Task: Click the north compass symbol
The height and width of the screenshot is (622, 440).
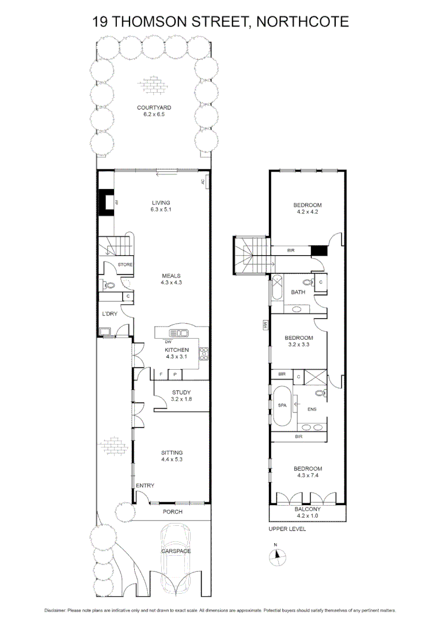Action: pos(278,555)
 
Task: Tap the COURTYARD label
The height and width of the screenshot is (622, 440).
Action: pos(154,108)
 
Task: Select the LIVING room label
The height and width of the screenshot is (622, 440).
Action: pos(161,202)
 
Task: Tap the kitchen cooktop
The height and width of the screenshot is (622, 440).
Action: pos(203,354)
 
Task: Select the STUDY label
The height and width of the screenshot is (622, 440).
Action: pos(181,393)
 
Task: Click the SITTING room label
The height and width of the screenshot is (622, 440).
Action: pos(172,453)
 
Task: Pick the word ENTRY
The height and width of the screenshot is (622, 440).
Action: pos(145,486)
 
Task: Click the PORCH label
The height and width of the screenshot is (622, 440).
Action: pos(172,511)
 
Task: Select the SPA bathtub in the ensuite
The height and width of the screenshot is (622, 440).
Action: pos(282,404)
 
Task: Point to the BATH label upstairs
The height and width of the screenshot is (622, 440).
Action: pos(298,292)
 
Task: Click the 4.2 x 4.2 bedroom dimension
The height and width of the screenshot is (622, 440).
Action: pos(307,211)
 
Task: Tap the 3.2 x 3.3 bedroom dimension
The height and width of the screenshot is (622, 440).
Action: pos(299,344)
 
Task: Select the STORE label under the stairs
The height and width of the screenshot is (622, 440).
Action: pos(125,264)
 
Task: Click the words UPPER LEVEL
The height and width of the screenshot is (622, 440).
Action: pos(287,529)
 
